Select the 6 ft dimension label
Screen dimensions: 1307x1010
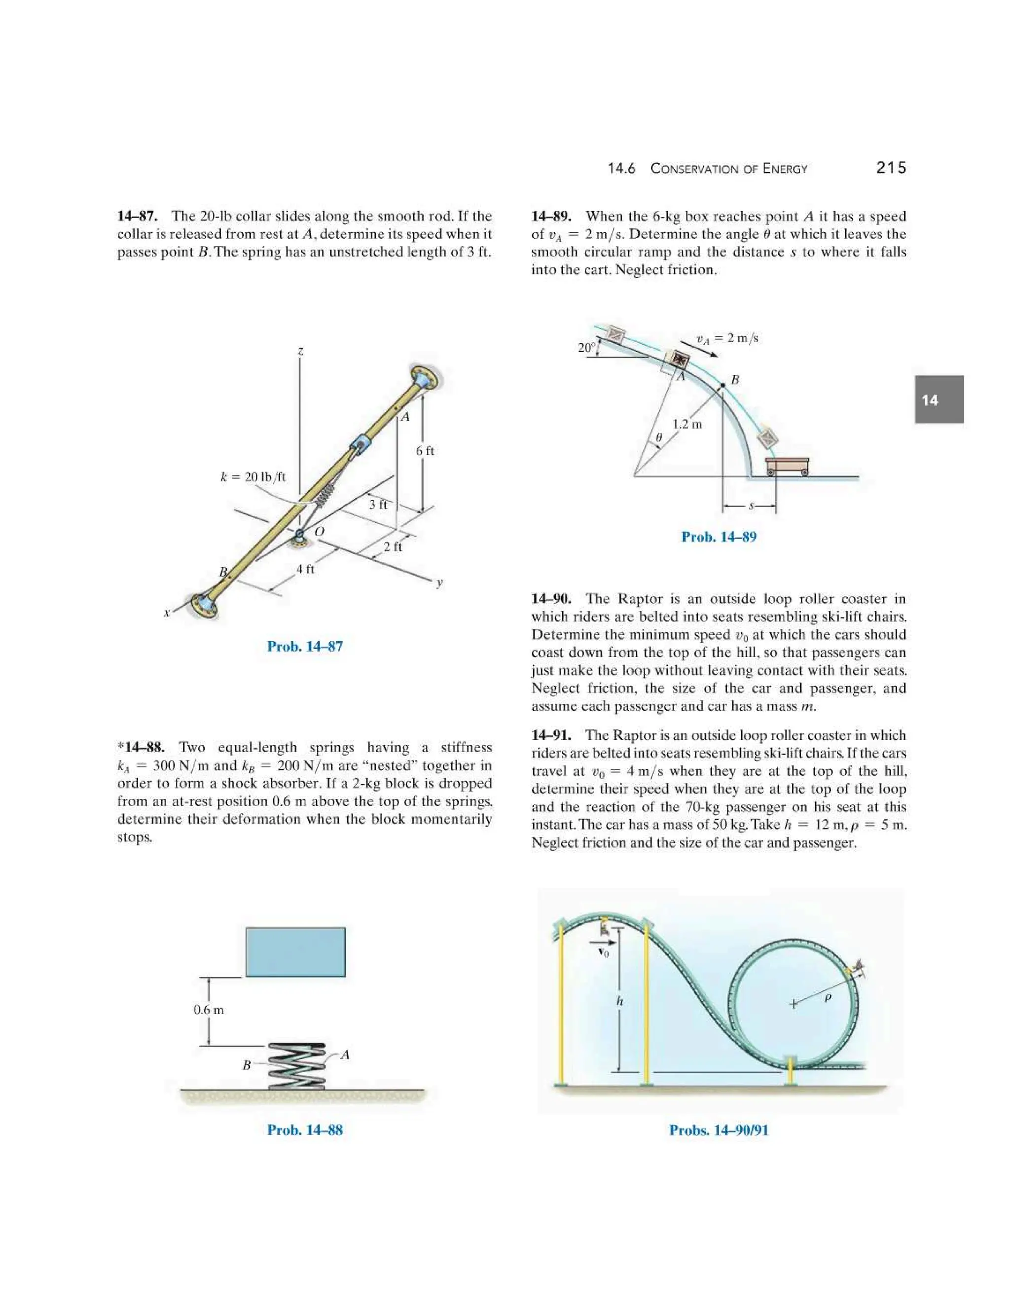[425, 451]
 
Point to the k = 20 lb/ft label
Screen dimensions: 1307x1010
[252, 477]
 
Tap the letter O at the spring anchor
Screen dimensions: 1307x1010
[320, 531]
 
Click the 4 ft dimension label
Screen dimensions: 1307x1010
[305, 569]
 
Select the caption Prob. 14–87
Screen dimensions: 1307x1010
[305, 646]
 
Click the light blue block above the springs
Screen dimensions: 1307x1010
[295, 952]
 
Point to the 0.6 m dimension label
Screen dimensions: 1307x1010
[208, 1010]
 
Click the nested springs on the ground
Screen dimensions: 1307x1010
[297, 1066]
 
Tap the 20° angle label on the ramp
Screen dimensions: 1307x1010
[586, 347]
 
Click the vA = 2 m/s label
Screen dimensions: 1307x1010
[726, 338]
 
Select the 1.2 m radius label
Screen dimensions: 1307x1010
[687, 424]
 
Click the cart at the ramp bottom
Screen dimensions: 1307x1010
[787, 466]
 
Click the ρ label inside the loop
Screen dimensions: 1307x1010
[828, 998]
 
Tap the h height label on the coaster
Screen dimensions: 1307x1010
[620, 1001]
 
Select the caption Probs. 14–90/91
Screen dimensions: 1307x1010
[718, 1130]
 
